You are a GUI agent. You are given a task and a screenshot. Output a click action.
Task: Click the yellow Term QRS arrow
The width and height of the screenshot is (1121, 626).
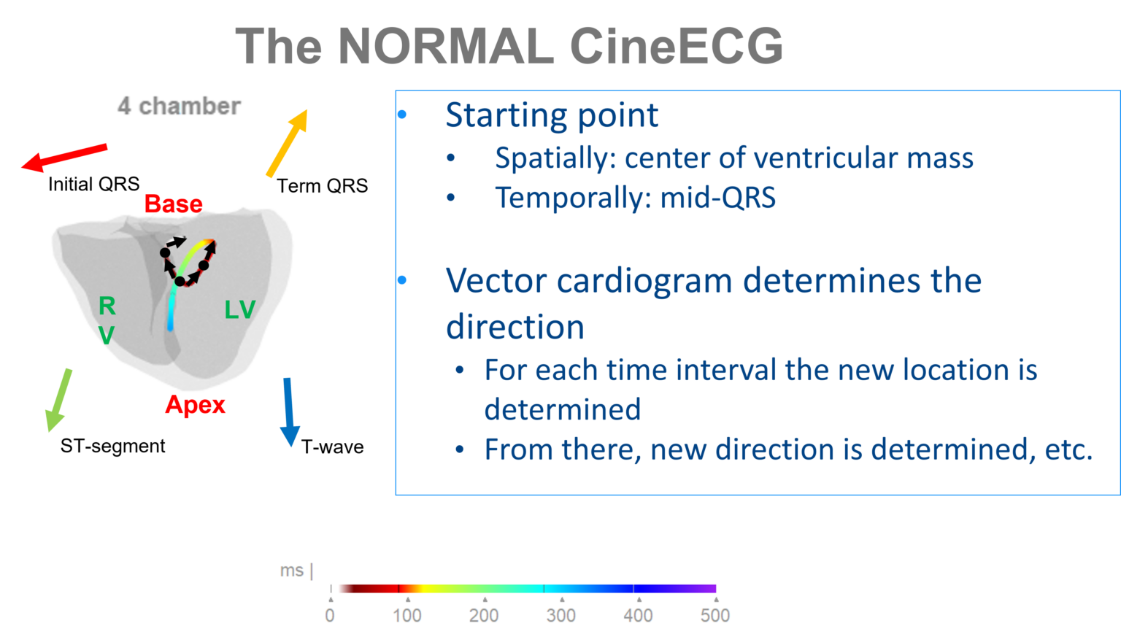pos(287,143)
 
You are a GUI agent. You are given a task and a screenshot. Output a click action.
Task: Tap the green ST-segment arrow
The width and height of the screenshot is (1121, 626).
pos(59,399)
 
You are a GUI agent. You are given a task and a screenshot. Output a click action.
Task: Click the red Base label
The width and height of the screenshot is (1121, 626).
pos(173,204)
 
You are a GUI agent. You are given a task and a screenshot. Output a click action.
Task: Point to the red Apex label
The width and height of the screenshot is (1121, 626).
pos(195,405)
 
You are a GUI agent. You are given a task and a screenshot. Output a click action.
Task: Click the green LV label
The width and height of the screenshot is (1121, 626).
pos(239,310)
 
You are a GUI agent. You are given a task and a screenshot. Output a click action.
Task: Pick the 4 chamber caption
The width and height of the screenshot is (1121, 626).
pos(179,107)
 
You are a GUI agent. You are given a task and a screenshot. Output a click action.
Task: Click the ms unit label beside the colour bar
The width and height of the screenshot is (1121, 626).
pos(292,571)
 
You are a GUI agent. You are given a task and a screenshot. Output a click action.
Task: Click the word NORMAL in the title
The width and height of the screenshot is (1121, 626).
pos(446,47)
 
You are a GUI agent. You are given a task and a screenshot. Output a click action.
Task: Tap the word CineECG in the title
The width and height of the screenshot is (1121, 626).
pos(676,47)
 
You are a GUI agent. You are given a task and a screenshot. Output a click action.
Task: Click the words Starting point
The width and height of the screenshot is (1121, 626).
pos(552,115)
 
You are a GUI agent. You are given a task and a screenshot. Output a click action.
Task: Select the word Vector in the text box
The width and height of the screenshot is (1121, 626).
pos(496,281)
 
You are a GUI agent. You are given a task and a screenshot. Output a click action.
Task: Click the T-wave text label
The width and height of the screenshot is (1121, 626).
pos(332,447)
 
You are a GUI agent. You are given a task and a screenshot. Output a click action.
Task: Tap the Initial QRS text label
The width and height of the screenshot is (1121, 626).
pos(93,185)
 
